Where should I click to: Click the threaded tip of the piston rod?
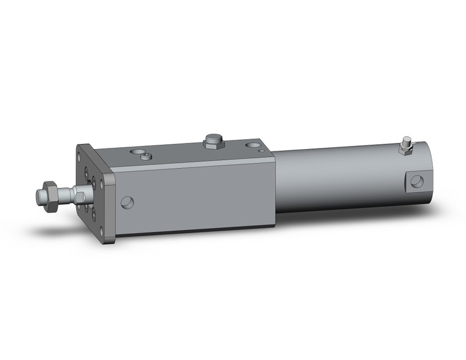pyautogui.click(x=41, y=197)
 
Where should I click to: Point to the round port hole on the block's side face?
pyautogui.click(x=127, y=202)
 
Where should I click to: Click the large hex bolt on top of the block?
pyautogui.click(x=212, y=141)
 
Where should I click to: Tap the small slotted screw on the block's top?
pyautogui.click(x=146, y=156)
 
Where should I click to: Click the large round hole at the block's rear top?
pyautogui.click(x=253, y=146)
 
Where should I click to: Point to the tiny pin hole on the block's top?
pyautogui.click(x=262, y=150)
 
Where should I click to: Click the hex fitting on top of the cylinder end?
pyautogui.click(x=405, y=147)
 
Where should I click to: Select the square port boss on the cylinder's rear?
pyautogui.click(x=416, y=181)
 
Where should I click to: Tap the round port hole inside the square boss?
pyautogui.click(x=417, y=181)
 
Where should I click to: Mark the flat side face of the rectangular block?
pyautogui.click(x=196, y=196)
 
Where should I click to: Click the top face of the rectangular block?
pyautogui.click(x=184, y=153)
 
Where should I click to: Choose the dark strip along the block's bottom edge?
pyautogui.click(x=196, y=230)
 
